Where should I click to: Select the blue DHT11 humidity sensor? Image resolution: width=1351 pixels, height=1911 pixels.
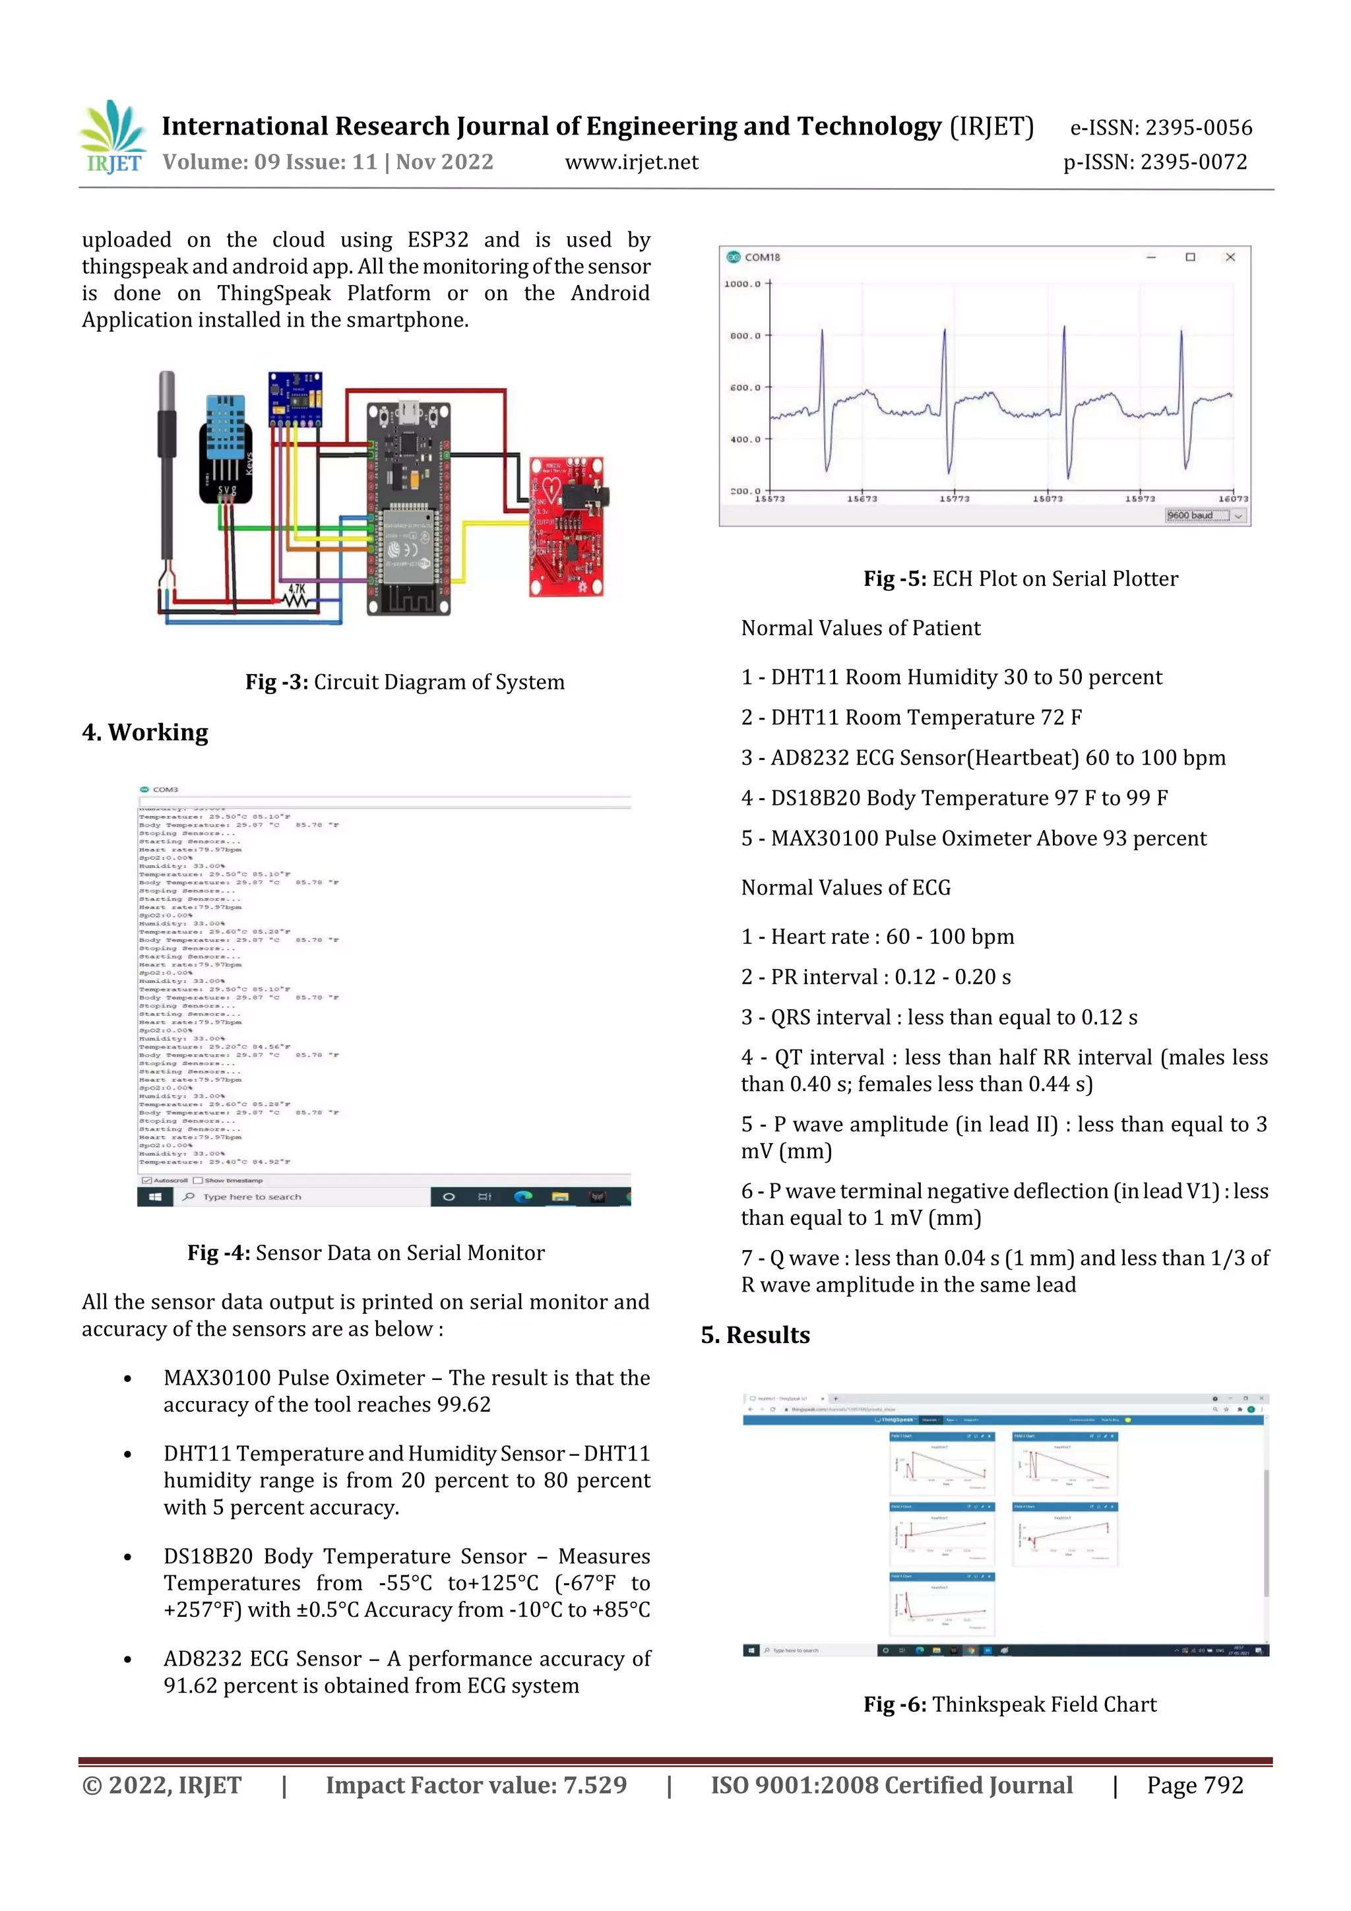(x=226, y=449)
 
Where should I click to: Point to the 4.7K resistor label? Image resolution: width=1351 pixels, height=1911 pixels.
(x=297, y=589)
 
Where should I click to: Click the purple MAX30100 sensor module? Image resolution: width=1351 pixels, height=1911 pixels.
(x=295, y=398)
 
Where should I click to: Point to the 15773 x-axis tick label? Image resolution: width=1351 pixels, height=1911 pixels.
(x=954, y=499)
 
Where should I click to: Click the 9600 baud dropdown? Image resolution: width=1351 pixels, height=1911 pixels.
(x=1205, y=516)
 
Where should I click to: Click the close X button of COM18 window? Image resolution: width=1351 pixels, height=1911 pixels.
(x=1230, y=257)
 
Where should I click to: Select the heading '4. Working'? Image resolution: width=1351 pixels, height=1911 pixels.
(x=145, y=732)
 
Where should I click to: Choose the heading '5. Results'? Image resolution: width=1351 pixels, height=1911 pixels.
(x=755, y=1335)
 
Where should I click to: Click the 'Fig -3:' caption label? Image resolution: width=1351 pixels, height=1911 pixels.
(x=276, y=683)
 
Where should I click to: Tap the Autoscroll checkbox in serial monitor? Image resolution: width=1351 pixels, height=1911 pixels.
(x=146, y=1180)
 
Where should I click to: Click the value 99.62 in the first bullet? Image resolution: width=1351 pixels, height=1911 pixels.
(x=464, y=1405)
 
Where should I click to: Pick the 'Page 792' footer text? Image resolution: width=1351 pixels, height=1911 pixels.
(x=1195, y=1785)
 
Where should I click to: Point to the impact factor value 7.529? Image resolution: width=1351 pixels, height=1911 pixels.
(x=594, y=1785)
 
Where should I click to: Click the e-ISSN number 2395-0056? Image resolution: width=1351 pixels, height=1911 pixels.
(x=1198, y=128)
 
